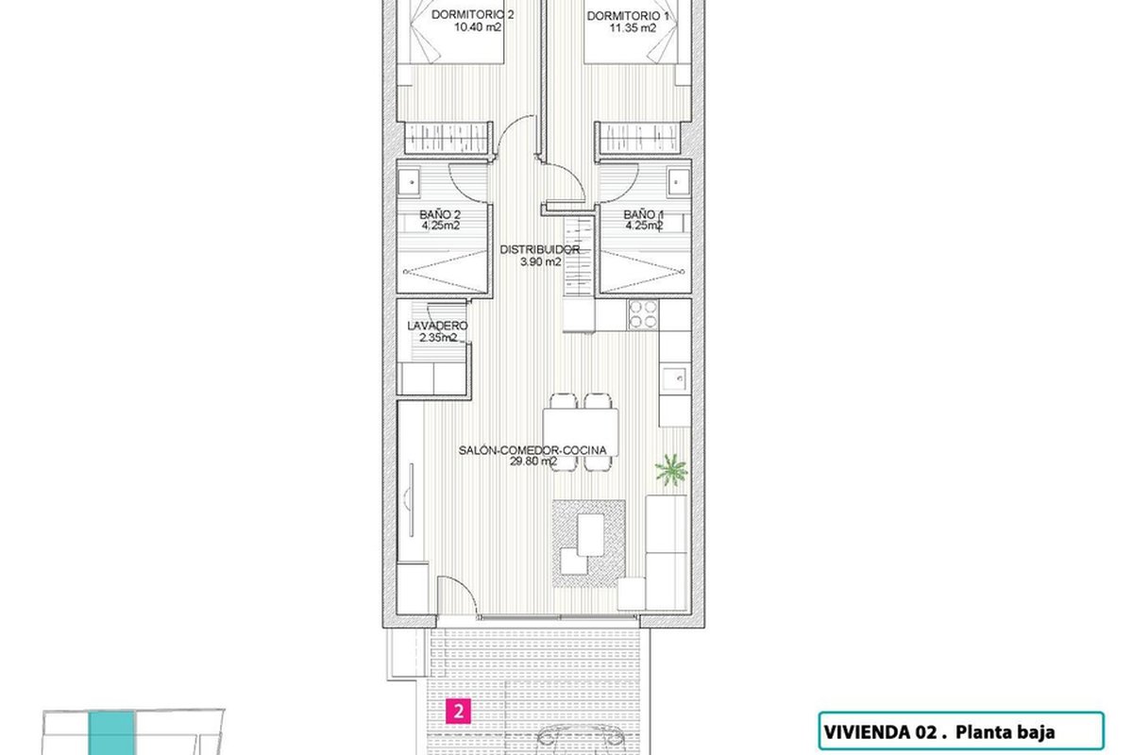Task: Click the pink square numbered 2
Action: [458, 711]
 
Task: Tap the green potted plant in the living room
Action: [671, 470]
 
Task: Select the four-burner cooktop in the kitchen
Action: [643, 314]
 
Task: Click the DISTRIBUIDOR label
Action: [540, 249]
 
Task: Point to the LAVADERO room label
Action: [437, 326]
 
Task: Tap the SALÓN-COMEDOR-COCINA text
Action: [533, 450]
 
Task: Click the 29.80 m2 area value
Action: [533, 461]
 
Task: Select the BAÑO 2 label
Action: [440, 215]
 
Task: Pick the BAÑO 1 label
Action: [643, 215]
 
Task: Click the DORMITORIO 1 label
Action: [628, 16]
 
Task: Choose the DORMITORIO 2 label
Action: [472, 15]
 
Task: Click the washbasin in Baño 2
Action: [408, 182]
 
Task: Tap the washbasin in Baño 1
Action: [679, 182]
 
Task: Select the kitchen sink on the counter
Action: [674, 377]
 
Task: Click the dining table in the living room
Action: [580, 433]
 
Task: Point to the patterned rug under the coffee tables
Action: [589, 544]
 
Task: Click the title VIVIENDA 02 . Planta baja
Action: [939, 731]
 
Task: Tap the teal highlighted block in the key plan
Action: [111, 733]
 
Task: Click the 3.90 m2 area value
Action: [540, 261]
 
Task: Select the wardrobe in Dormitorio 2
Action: [448, 137]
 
